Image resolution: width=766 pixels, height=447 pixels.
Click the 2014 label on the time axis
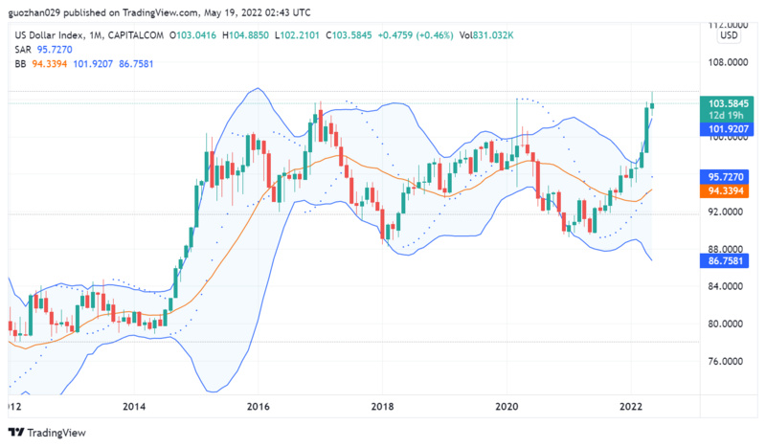coord(135,405)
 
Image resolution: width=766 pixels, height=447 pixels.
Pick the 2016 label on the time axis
coord(258,405)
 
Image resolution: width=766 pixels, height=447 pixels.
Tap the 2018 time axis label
coord(382,405)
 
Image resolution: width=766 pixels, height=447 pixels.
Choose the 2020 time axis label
coord(507,405)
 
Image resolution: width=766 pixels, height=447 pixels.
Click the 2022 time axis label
coord(630,405)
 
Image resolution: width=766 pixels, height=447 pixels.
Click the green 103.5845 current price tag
coord(728,102)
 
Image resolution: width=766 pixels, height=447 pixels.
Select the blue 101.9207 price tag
coord(728,127)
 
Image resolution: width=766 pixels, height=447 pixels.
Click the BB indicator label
coord(20,63)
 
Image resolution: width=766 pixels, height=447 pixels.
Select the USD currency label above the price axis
coord(729,36)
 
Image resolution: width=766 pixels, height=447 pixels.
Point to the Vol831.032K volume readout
coord(487,35)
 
